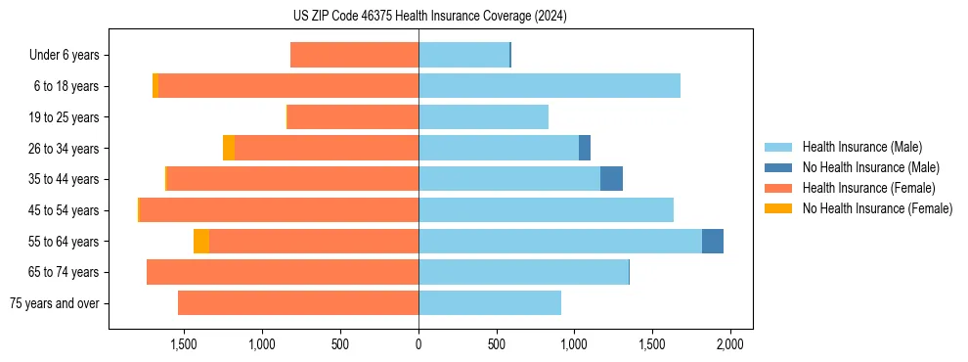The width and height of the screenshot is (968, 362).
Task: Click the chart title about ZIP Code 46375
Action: pos(429,17)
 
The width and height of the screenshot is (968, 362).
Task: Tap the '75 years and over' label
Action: pos(56,303)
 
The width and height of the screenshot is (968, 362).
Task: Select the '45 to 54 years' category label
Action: pos(65,210)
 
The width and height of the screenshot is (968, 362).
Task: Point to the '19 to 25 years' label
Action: pos(65,117)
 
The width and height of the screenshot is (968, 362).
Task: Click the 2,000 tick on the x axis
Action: pos(729,344)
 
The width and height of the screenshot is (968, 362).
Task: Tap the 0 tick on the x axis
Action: pos(418,344)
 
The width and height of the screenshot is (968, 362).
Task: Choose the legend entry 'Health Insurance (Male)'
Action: pos(861,147)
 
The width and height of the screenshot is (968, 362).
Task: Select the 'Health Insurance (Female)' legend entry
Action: pos(868,188)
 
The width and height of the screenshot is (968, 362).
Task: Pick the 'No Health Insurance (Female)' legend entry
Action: pos(877,208)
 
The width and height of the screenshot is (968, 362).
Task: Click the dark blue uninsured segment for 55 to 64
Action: pos(713,241)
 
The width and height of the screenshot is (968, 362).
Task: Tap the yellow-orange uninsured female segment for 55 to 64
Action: pos(201,241)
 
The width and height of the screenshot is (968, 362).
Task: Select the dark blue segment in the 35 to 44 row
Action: pos(611,179)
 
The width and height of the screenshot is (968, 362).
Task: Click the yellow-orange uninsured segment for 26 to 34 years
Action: pos(229,148)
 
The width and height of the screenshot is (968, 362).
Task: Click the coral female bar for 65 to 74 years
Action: pos(283,272)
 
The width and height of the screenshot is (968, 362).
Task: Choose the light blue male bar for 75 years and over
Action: pos(490,303)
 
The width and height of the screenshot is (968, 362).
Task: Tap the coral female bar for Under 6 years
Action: pos(354,56)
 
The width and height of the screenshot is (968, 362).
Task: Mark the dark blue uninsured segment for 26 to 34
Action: pos(585,148)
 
